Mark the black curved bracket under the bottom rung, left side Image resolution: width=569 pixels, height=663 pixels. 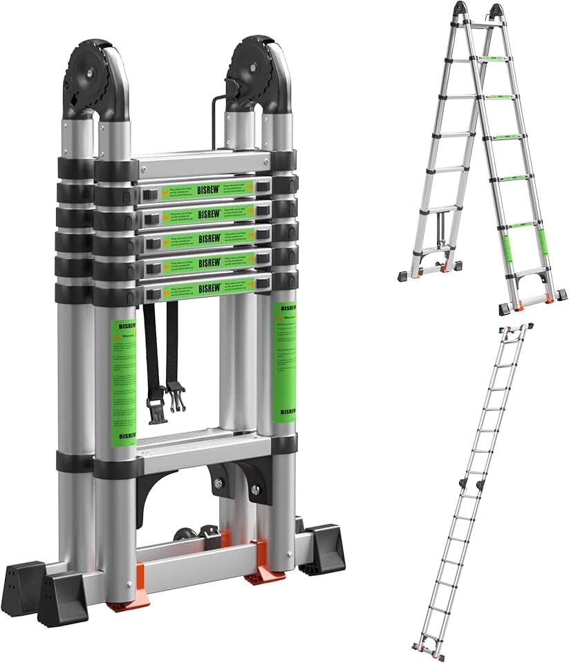[156, 487]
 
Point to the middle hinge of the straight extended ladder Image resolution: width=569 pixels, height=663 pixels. [469, 483]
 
